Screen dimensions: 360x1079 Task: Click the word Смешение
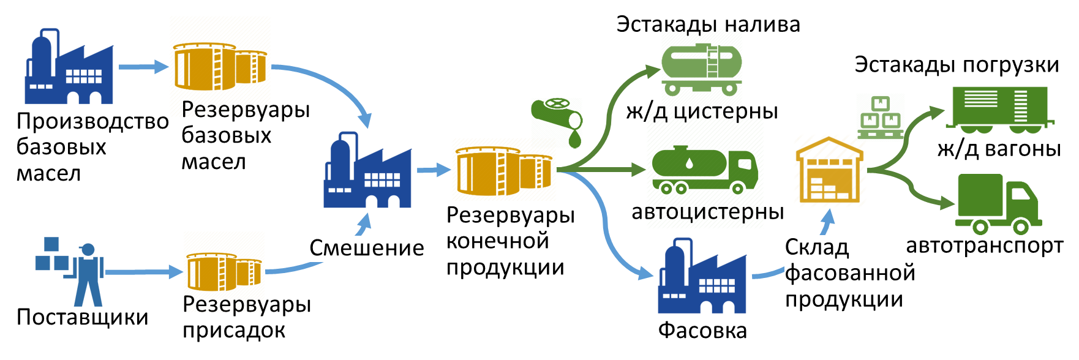pyautogui.click(x=367, y=249)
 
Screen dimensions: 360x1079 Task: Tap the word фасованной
pyautogui.click(x=850, y=273)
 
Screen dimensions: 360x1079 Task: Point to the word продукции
pyautogui.click(x=844, y=299)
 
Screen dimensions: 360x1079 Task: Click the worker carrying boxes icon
pyautogui.click(x=70, y=272)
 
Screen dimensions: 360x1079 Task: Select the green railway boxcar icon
pyautogui.click(x=999, y=110)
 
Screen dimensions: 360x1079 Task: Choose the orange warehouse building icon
pyautogui.click(x=830, y=171)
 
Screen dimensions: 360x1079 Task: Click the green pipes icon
pyautogui.click(x=556, y=122)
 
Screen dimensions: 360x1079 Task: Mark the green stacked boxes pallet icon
pyautogui.click(x=880, y=116)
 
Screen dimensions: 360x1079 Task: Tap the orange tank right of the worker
pyautogui.click(x=224, y=271)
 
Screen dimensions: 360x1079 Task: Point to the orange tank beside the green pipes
pyautogui.click(x=503, y=170)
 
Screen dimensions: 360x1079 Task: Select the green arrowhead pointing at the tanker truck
pyautogui.click(x=639, y=169)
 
